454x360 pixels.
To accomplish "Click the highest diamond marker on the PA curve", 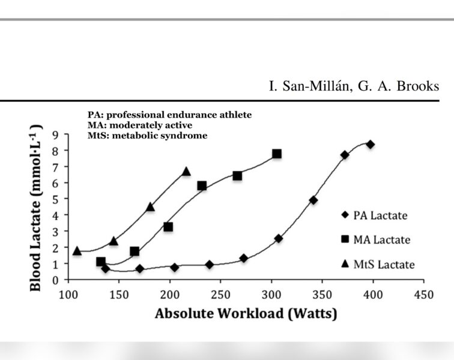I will (371, 144).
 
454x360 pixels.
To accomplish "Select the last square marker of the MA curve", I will (276, 154).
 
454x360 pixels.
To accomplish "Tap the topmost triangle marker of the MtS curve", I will (186, 172).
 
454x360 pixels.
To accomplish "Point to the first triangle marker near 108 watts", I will (77, 250).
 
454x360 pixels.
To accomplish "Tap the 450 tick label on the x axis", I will (423, 293).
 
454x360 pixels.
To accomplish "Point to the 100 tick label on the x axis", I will (68, 293).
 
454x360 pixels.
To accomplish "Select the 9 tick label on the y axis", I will (55, 134).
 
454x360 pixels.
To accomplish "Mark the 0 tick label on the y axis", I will (55, 280).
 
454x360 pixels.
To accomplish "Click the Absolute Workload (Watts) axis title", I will (246, 313).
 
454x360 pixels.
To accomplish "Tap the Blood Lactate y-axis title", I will (36, 207).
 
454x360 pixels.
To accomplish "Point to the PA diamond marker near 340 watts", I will (313, 200).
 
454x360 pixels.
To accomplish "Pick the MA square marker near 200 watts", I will (168, 227).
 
